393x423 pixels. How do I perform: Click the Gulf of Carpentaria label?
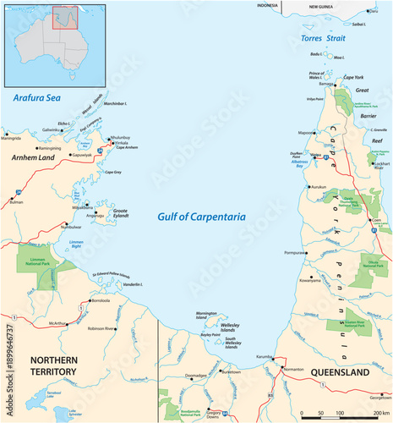click(202, 217)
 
